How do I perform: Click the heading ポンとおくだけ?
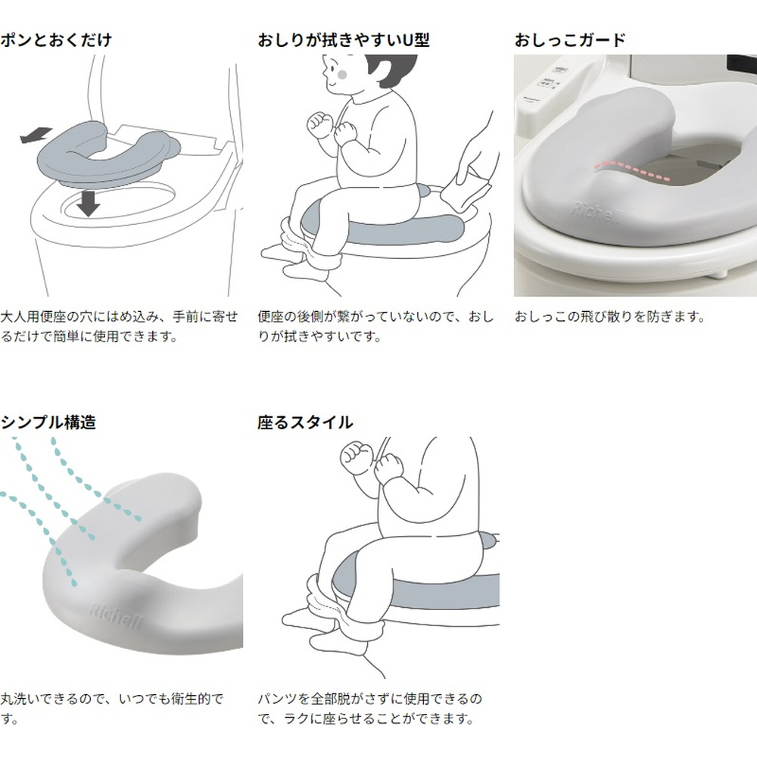pos(56,39)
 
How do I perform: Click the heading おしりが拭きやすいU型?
pos(343,39)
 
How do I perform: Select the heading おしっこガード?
pos(570,39)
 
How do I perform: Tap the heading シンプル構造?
pos(48,422)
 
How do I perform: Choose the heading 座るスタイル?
pos(305,422)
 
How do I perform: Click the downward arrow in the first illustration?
pos(88,203)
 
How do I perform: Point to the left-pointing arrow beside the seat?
pos(36,135)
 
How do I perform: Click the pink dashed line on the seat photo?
pos(631,170)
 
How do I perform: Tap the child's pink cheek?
pos(342,75)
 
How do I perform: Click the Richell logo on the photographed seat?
pos(597,213)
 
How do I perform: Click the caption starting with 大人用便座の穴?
pos(120,326)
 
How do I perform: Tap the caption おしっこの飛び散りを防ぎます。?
pos(610,316)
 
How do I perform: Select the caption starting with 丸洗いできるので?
pos(112,709)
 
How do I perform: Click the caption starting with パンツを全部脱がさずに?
pos(370,709)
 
